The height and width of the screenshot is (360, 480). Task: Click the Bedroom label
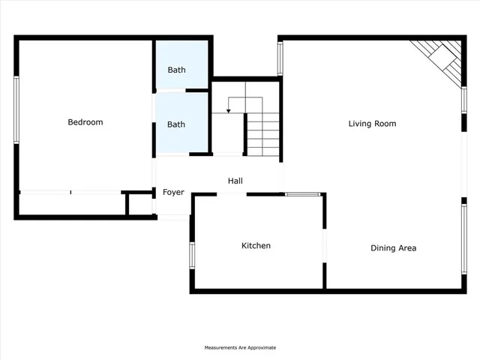[85, 122]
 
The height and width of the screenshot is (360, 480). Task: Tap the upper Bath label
[176, 70]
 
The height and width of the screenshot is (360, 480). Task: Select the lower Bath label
[176, 124]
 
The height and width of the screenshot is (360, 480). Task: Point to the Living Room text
[372, 124]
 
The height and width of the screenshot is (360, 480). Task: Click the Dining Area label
[393, 248]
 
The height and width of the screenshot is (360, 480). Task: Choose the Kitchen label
[256, 246]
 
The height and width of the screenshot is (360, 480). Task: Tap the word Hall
[235, 181]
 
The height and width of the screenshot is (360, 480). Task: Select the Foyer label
[173, 193]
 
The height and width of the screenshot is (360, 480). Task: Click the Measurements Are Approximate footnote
[241, 348]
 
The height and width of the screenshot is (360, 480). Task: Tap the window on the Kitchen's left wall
[191, 255]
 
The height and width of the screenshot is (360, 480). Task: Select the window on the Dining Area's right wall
[463, 240]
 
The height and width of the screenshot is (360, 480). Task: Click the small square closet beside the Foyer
[139, 204]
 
